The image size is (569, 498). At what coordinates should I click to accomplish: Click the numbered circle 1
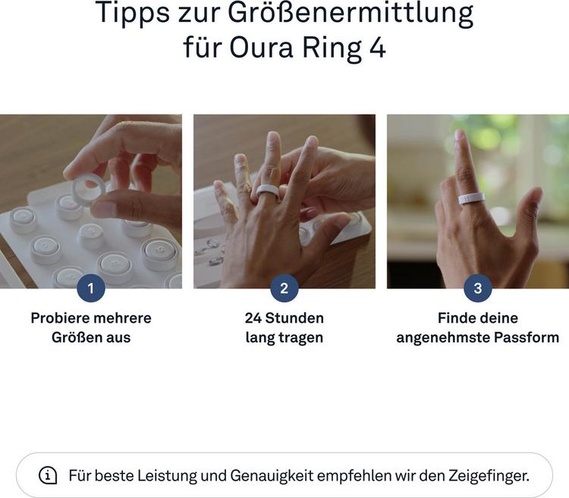click(x=91, y=288)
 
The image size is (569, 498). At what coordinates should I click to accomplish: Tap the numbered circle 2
click(x=284, y=288)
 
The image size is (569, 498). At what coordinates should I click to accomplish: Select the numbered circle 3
click(x=477, y=288)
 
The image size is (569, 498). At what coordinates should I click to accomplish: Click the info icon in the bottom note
click(x=48, y=475)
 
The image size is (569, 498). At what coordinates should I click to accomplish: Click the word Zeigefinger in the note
click(x=489, y=476)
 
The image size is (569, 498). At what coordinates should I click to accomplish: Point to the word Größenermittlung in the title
click(x=351, y=14)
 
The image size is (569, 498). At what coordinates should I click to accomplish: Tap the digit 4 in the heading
click(x=377, y=48)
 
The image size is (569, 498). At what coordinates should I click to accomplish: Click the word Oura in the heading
click(x=261, y=48)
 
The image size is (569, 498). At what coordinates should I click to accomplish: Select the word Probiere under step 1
click(x=59, y=318)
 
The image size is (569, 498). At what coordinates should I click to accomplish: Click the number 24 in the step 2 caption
click(x=253, y=318)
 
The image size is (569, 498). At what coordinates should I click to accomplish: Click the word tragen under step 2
click(x=301, y=338)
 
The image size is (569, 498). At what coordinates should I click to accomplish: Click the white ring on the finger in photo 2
click(x=268, y=191)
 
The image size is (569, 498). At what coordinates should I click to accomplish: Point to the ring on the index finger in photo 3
click(x=472, y=198)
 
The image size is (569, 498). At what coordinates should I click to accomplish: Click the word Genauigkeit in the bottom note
click(x=272, y=476)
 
